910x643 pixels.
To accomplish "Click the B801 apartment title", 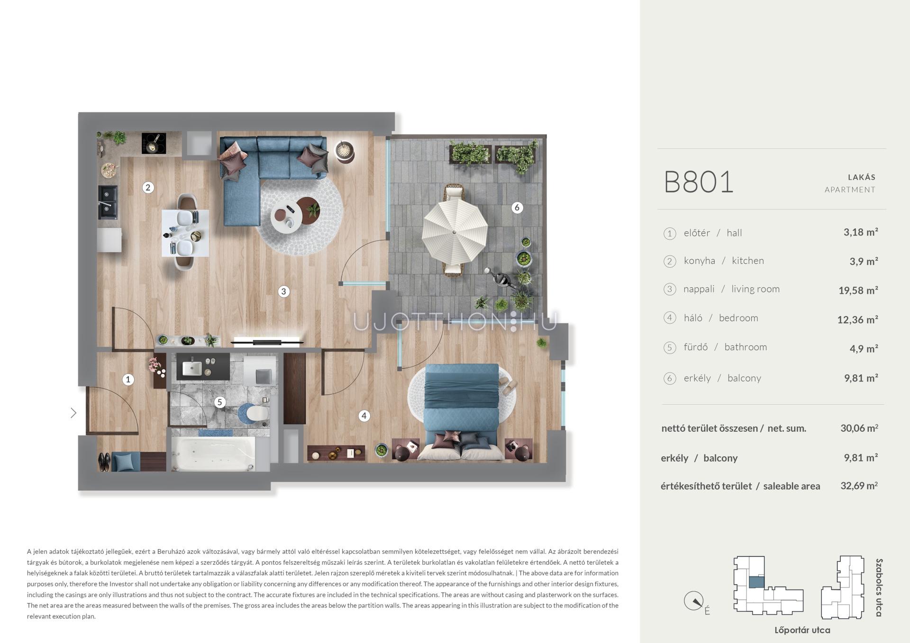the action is point(699,182).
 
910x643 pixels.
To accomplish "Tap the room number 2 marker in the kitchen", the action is point(148,188).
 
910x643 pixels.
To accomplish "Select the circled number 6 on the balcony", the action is point(517,208).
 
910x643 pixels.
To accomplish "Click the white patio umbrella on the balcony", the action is point(455,232).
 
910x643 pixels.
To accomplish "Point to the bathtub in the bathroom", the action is point(213,453).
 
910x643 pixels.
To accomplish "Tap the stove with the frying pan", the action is point(154,143).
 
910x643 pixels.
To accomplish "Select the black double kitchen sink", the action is point(108,201).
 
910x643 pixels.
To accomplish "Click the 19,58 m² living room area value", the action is point(858,290).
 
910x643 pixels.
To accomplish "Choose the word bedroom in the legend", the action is point(738,318).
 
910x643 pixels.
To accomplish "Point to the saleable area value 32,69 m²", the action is point(859,486).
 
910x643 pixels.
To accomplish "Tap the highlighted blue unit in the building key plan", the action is point(756,582).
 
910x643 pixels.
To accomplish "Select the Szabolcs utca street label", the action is point(879,588).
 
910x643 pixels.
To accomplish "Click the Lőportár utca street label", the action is point(802,630).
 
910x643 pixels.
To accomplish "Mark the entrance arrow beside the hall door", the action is point(73,413).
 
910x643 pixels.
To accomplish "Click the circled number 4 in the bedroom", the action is point(364,416).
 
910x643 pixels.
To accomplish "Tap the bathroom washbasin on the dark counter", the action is point(192,368).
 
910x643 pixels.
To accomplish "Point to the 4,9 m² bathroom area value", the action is point(864,349).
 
